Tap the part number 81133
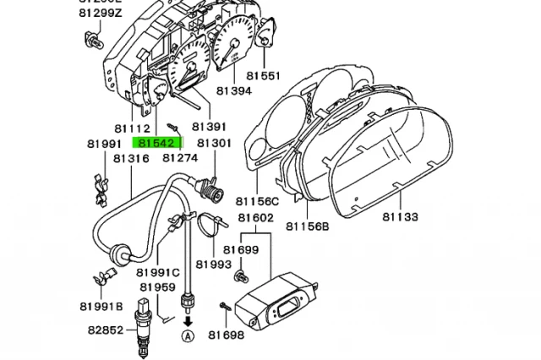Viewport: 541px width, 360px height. point(399,218)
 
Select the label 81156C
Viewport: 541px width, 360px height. point(257,202)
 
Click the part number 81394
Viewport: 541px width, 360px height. point(233,91)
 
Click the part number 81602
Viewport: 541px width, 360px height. point(255,218)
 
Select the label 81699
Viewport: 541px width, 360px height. point(241,250)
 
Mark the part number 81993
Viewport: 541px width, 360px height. point(215,265)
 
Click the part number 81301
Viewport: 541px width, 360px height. point(214,144)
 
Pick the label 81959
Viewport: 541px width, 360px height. point(158,287)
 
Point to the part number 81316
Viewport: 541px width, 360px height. point(131,158)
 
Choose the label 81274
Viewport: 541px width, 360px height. point(180,158)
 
